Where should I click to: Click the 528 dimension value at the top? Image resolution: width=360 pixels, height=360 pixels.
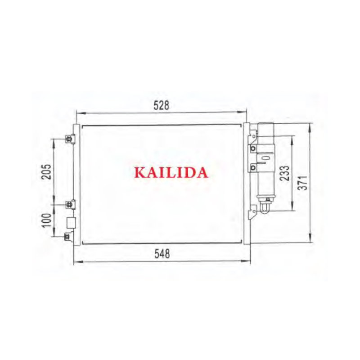[x=161, y=105]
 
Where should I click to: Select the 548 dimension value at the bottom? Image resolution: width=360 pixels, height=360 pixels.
[x=162, y=254]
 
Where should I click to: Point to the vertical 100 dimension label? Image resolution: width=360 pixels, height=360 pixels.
[x=47, y=220]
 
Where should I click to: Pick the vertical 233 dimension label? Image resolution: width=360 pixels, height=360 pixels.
[x=285, y=173]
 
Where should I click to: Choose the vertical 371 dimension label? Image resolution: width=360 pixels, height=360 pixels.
[x=303, y=183]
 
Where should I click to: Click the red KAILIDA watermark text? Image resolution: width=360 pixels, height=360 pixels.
[x=171, y=173]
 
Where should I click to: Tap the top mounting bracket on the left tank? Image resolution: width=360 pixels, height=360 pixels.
[x=70, y=139]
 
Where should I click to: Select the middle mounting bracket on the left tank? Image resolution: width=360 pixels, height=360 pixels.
[x=70, y=204]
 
